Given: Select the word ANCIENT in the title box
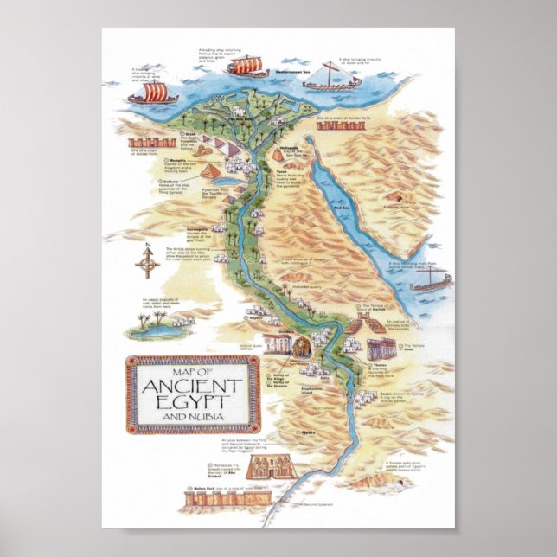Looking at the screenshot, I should tap(192, 385).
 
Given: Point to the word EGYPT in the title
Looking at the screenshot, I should tap(192, 403).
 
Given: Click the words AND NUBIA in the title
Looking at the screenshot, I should tap(192, 419).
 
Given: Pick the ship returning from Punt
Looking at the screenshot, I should tap(432, 279).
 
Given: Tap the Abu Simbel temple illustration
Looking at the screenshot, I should tap(263, 470).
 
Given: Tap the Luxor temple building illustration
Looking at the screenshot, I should tap(381, 349).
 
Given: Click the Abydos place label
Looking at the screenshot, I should tap(255, 318).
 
